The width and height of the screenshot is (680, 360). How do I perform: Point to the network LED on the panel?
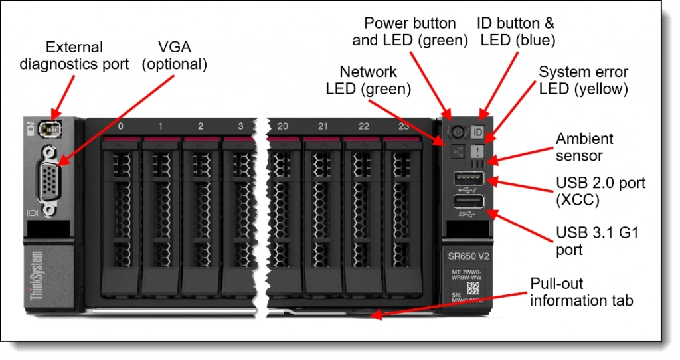coord(456,150)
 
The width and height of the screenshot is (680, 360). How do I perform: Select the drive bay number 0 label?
coord(120,126)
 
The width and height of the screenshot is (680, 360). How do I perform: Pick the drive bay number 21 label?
coord(323,126)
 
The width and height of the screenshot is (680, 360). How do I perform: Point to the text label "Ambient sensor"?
coord(584,147)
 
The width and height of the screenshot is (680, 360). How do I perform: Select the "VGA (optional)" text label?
coord(175,56)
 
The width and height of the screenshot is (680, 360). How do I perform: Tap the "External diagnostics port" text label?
coord(74,56)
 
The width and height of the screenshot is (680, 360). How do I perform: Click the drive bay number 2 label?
coord(201,126)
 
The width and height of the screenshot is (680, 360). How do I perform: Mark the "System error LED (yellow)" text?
coord(583,80)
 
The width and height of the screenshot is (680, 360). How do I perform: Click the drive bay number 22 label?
coord(363,126)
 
